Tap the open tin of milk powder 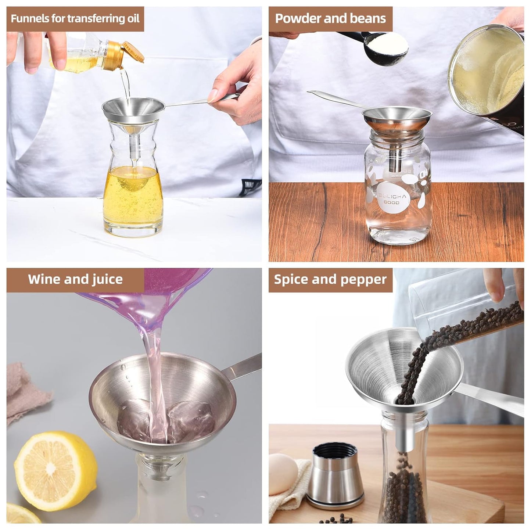[x=489, y=73]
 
